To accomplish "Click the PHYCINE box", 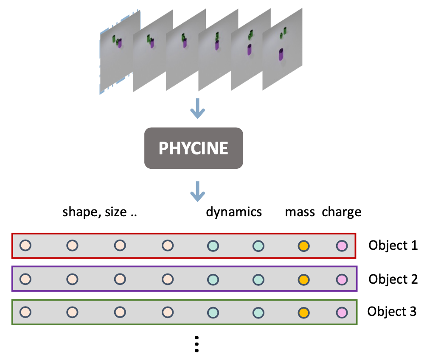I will point(194,148).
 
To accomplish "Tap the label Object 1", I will point(393,245).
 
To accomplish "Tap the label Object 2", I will point(393,279).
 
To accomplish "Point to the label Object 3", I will point(392,312).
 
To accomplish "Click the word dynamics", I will point(234,212).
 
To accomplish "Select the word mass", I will point(300,212).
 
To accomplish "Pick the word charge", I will point(341,212).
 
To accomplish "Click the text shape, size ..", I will point(100,212).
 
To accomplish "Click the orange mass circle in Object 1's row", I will point(303,246).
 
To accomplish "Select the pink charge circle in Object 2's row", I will point(342,279).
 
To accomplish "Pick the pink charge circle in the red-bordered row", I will point(342,246).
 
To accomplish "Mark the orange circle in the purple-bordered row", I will point(303,279).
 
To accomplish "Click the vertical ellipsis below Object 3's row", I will point(197,344).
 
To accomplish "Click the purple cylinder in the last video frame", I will point(281,55).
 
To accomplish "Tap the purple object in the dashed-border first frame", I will point(120,43).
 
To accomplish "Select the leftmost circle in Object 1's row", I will point(25,246).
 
